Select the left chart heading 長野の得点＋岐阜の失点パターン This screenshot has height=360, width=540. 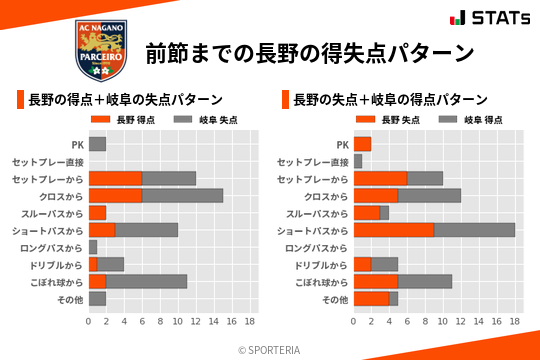point(125,100)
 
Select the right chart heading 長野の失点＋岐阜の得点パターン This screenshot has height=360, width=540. point(390,100)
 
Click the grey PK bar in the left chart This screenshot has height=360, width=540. point(97,144)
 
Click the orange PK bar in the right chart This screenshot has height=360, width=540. point(362,144)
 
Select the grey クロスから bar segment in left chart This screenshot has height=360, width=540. point(182,196)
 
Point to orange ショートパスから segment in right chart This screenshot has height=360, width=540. point(393,230)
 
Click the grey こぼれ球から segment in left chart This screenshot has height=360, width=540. point(146,282)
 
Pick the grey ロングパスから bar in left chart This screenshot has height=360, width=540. point(93,247)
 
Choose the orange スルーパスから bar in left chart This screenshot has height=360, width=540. point(97,213)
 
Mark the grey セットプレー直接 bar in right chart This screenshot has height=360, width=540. point(357,161)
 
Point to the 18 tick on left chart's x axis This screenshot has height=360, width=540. point(250,322)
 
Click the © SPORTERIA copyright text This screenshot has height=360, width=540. point(270,348)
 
